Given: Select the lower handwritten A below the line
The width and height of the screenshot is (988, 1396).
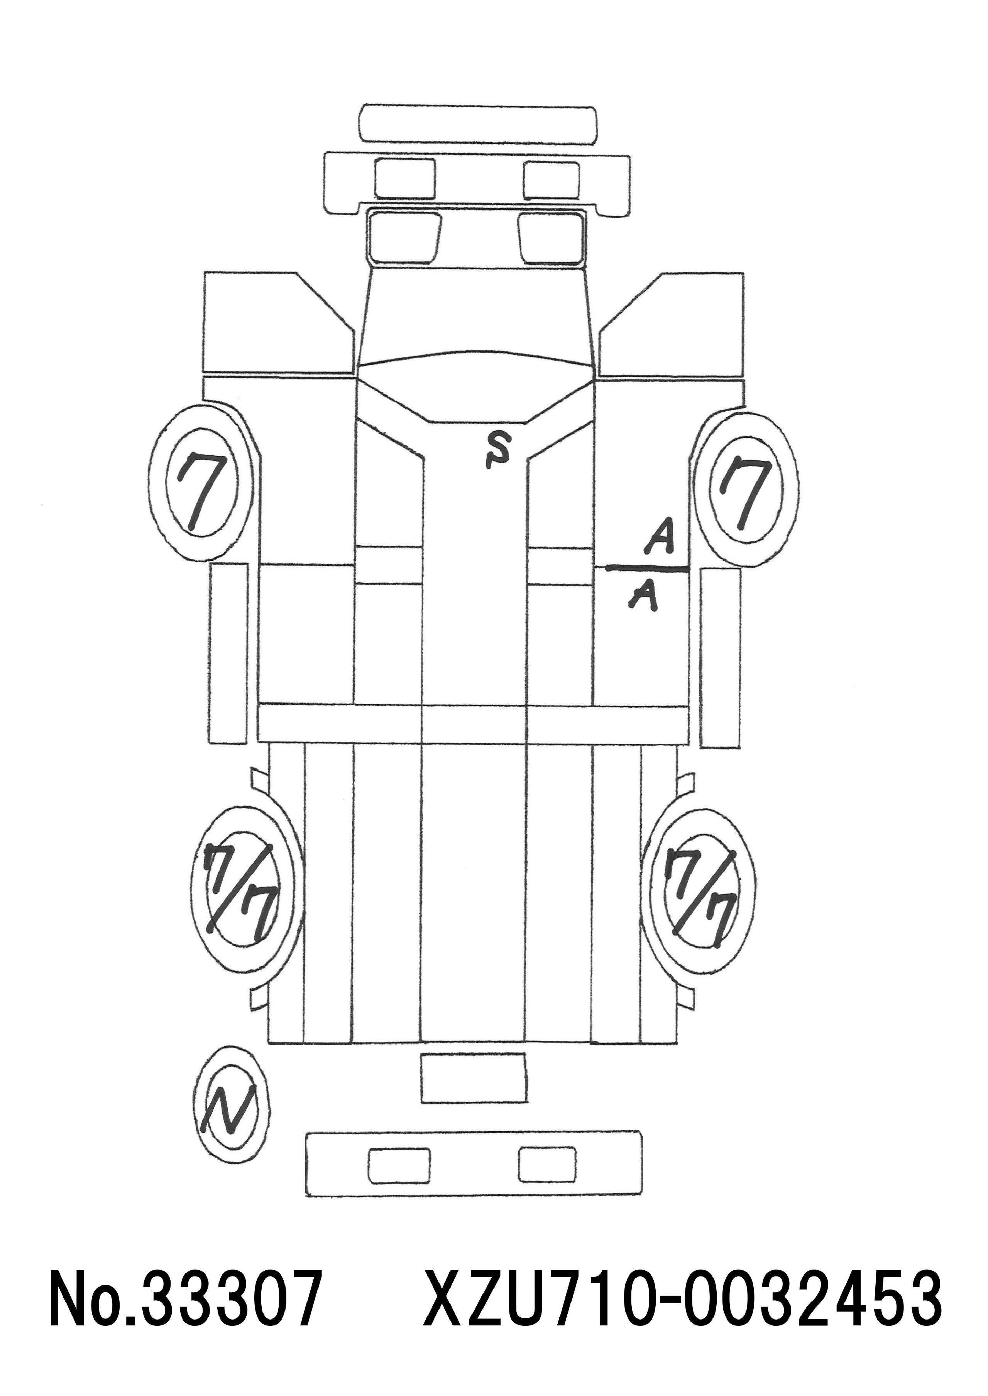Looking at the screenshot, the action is click(x=644, y=593).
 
